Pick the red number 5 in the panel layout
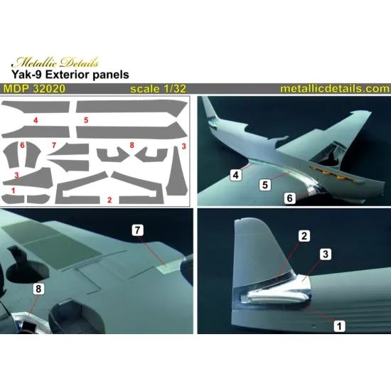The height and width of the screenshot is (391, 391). tap(85, 122)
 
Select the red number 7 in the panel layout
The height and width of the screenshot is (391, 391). tap(53, 146)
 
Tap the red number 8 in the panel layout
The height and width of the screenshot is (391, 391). tap(132, 146)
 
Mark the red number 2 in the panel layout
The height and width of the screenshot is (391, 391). tap(109, 200)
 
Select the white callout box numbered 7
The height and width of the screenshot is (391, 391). tap(139, 230)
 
